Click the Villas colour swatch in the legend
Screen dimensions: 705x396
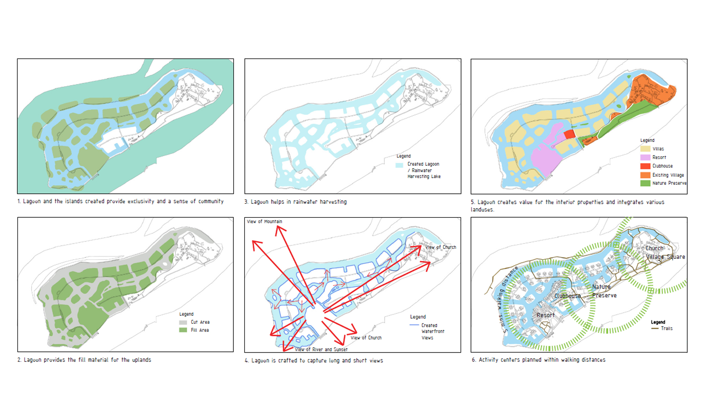pos(645,149)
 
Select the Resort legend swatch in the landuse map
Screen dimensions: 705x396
pos(645,157)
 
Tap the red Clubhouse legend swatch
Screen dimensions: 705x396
pos(645,166)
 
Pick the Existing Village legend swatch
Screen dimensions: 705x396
pos(645,175)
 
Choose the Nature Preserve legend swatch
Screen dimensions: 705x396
pos(645,183)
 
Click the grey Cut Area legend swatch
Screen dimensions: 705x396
pos(183,322)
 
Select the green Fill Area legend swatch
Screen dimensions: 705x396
pos(183,330)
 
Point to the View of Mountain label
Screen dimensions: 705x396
pos(264,221)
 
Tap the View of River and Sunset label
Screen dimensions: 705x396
pos(321,349)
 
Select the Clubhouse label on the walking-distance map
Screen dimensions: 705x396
pos(567,296)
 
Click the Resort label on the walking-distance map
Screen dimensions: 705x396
pos(546,315)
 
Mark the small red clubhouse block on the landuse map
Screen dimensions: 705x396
pos(569,134)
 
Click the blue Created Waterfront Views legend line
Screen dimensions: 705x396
pos(414,325)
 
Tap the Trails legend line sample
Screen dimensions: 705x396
pos(655,329)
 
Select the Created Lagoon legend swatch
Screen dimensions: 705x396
pos(399,165)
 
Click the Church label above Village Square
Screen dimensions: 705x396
pos(655,248)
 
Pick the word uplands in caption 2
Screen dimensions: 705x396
pos(141,360)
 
